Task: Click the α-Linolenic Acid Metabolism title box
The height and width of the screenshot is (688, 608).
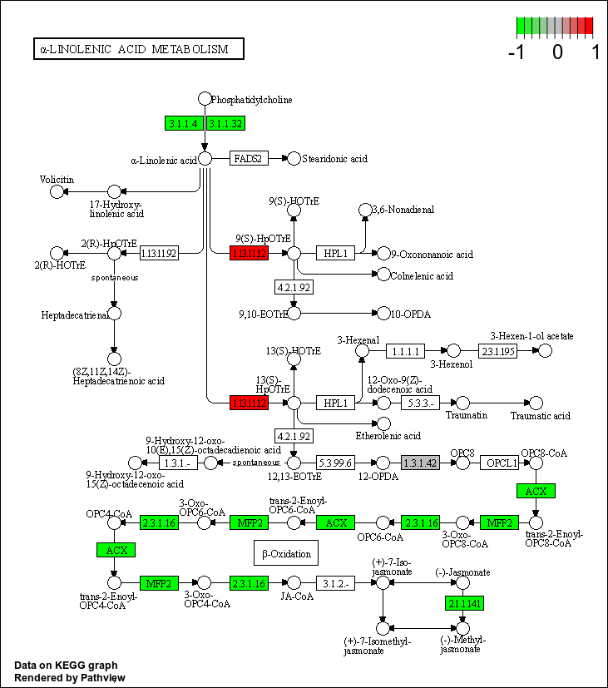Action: pyautogui.click(x=138, y=49)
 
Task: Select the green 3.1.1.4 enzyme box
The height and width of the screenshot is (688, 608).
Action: pyautogui.click(x=184, y=123)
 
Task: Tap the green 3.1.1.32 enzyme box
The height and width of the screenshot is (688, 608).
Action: pyautogui.click(x=225, y=123)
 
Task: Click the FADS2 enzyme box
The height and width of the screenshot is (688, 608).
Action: pyautogui.click(x=249, y=158)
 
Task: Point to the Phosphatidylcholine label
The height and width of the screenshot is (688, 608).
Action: pyautogui.click(x=252, y=100)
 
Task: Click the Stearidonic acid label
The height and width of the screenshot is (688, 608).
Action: pyautogui.click(x=334, y=158)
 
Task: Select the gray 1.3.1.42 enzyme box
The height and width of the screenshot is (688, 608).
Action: pyautogui.click(x=419, y=463)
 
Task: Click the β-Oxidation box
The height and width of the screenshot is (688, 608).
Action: pyautogui.click(x=286, y=553)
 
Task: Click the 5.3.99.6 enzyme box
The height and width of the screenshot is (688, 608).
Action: pyautogui.click(x=336, y=463)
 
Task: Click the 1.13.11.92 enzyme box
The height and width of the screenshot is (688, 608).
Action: pyautogui.click(x=159, y=253)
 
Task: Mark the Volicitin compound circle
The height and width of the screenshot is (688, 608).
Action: pyautogui.click(x=57, y=192)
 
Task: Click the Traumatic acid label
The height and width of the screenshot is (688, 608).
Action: pyautogui.click(x=541, y=415)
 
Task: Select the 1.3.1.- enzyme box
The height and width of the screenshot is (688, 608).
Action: pyautogui.click(x=177, y=463)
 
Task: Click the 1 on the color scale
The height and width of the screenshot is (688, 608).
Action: pyautogui.click(x=596, y=52)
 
